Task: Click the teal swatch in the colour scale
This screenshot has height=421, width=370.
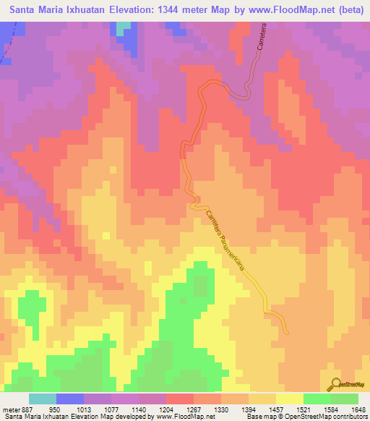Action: pos(43,399)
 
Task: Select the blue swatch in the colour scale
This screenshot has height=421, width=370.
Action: pos(70,399)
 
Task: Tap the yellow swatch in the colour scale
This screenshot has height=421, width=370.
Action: pos(290,399)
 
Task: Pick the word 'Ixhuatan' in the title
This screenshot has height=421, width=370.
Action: pos(77,11)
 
